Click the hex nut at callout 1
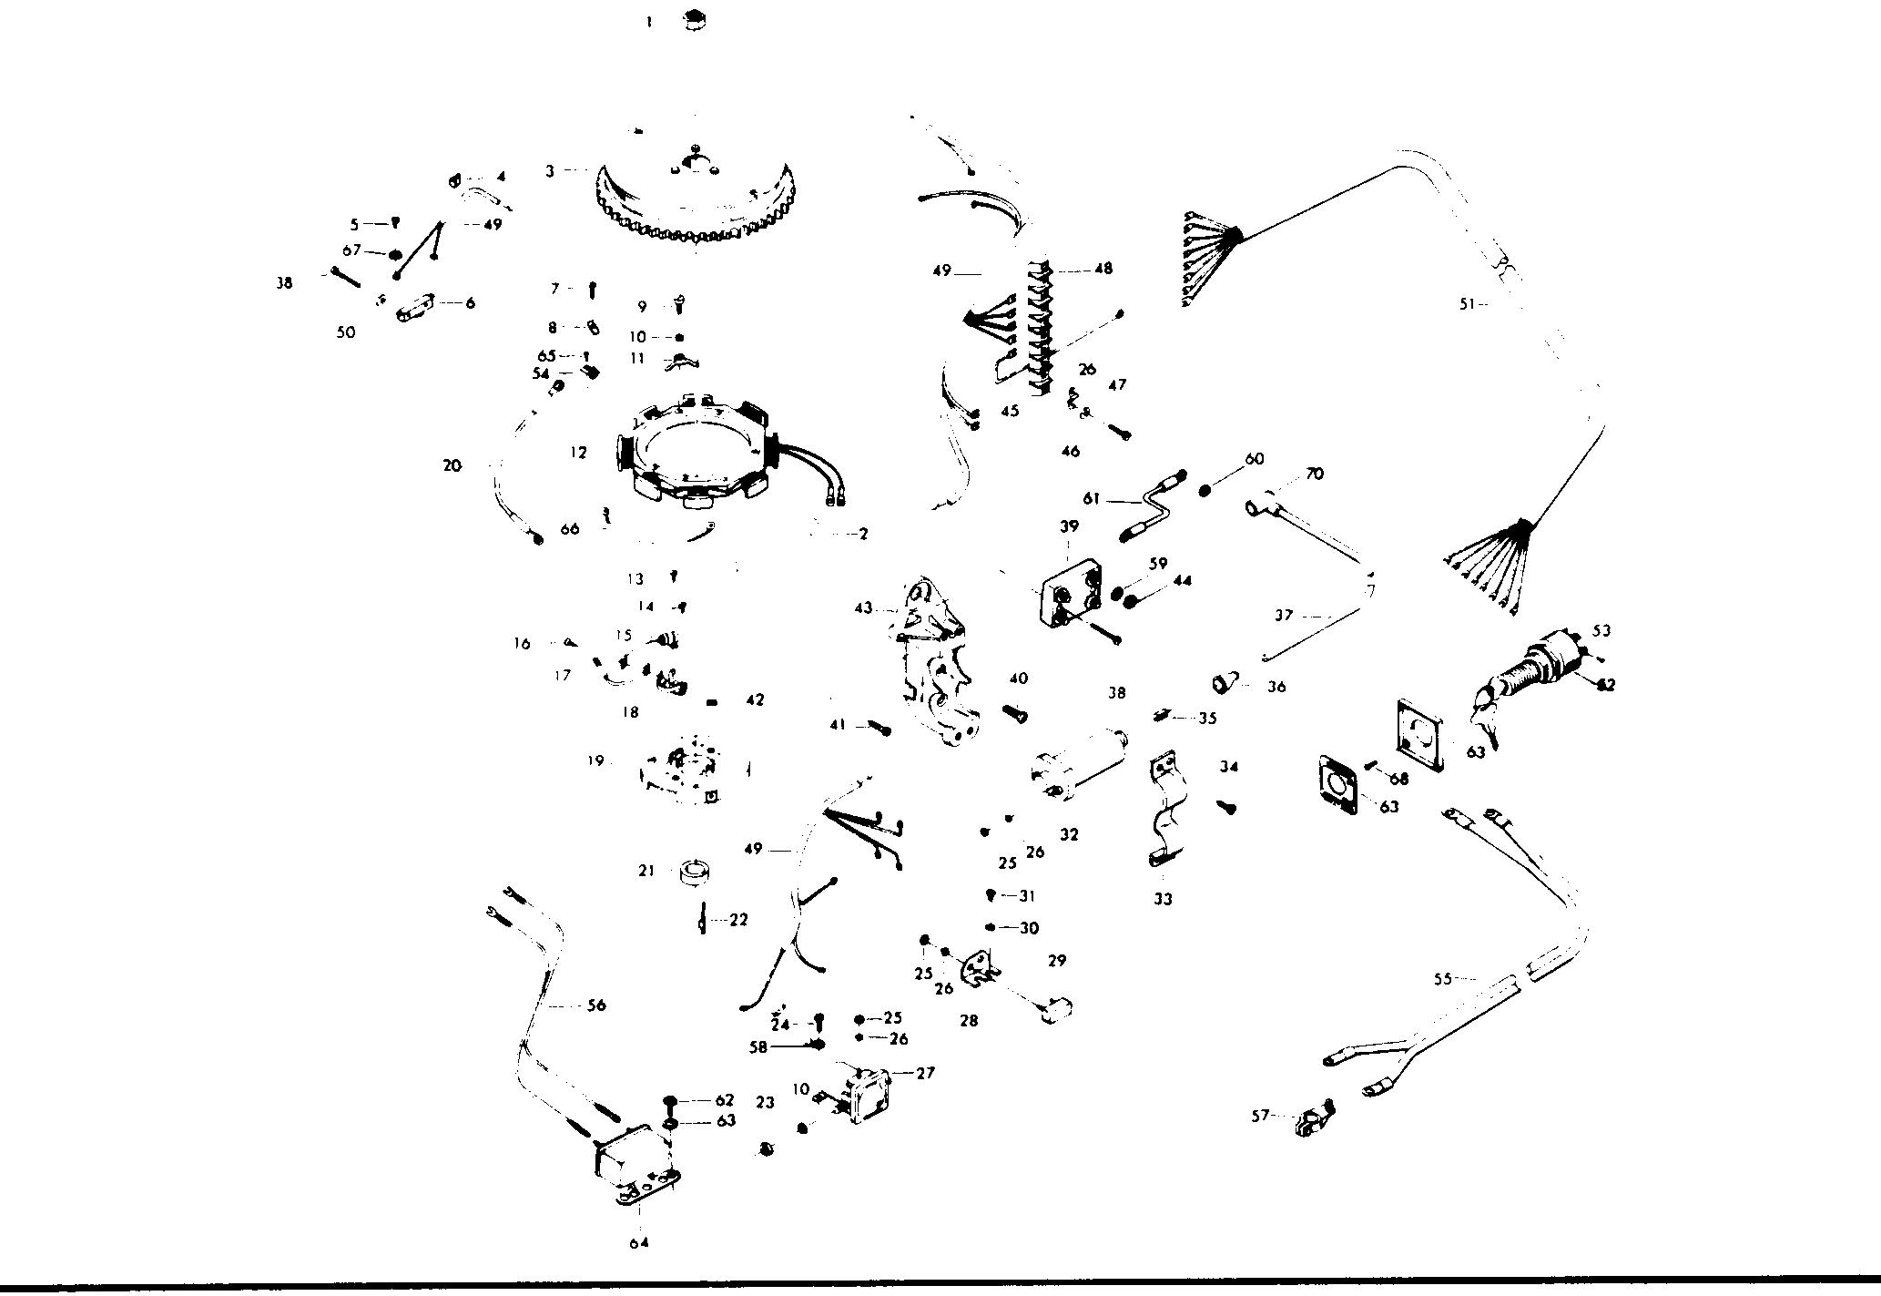[x=696, y=19]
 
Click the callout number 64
[x=638, y=1241]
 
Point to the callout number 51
[x=1466, y=305]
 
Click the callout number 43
[x=863, y=607]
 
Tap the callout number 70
[x=1314, y=474]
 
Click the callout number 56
[x=596, y=1005]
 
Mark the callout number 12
[x=578, y=453]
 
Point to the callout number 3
[x=550, y=171]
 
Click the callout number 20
[x=452, y=465]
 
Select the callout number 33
[x=1163, y=899]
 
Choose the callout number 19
[x=595, y=760]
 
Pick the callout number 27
[x=925, y=1073]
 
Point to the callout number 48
[x=1103, y=269]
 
